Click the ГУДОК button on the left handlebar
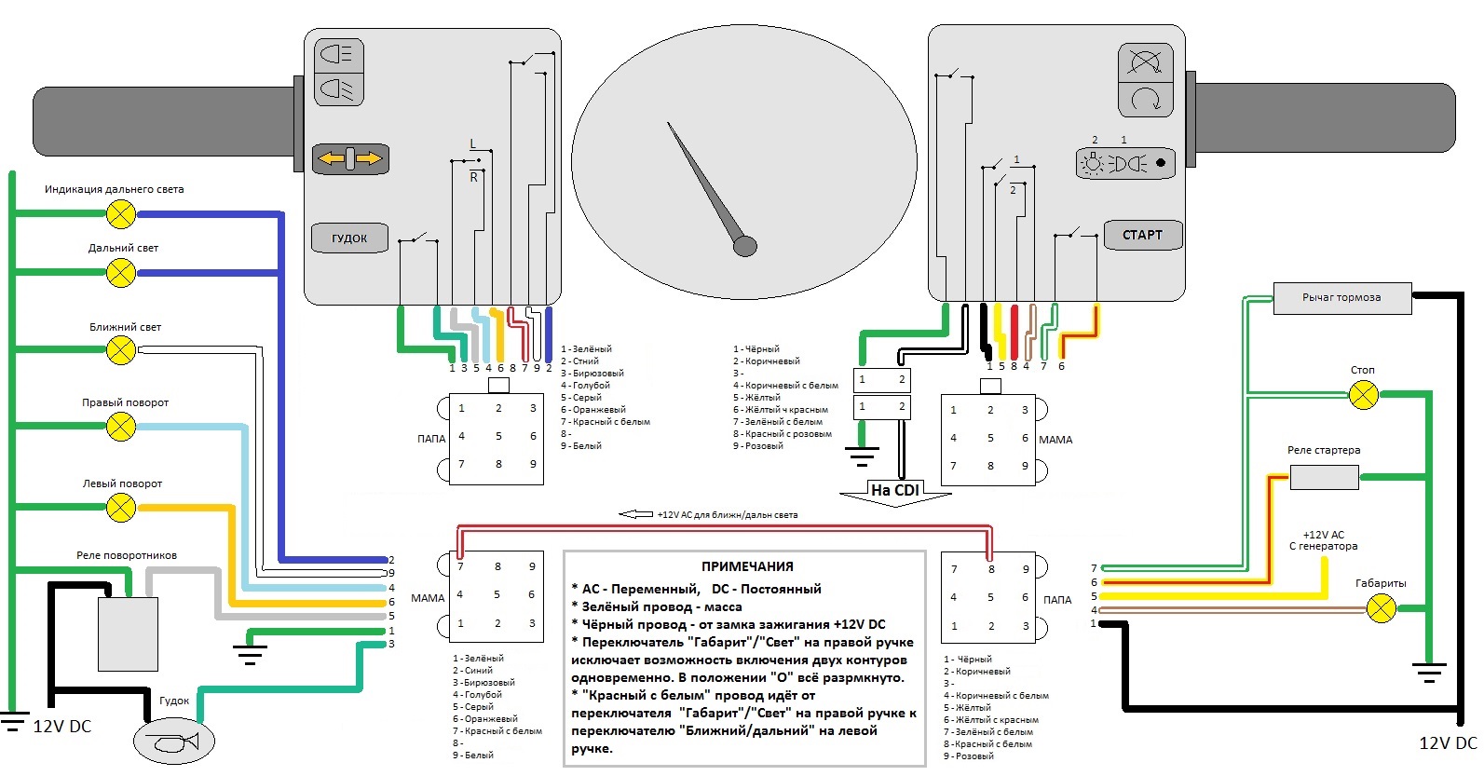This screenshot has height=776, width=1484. (x=349, y=238)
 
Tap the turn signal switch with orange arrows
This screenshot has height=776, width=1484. (x=349, y=159)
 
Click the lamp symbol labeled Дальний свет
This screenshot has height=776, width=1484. (x=121, y=273)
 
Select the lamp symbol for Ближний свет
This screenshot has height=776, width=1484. (x=121, y=350)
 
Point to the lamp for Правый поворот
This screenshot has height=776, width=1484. (x=121, y=427)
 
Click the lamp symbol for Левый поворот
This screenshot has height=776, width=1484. (x=121, y=508)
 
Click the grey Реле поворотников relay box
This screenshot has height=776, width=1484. (x=128, y=633)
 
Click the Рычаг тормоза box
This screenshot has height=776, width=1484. (x=1342, y=297)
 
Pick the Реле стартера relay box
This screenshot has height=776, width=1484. (x=1324, y=478)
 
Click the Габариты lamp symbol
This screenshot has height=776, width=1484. (x=1381, y=609)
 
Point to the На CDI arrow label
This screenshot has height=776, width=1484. (x=895, y=491)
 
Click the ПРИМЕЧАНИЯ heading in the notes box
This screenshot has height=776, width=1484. (x=747, y=566)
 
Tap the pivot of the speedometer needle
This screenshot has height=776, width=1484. (x=745, y=246)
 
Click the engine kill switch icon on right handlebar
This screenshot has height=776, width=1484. (x=1145, y=63)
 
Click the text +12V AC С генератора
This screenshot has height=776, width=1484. (x=1323, y=540)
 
